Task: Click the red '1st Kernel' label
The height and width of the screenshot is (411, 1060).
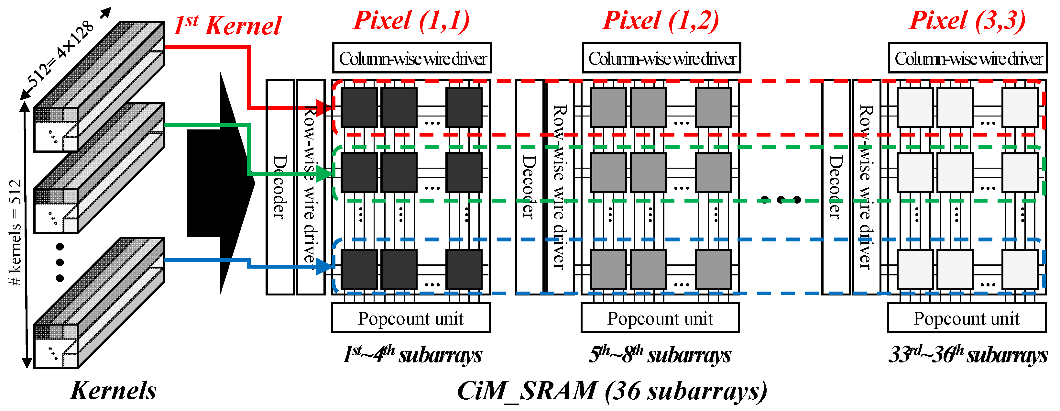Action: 227,26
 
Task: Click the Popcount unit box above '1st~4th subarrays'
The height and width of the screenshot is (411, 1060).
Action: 411,318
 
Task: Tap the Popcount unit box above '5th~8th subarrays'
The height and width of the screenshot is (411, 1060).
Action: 660,318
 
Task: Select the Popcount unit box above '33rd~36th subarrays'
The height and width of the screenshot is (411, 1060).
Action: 967,318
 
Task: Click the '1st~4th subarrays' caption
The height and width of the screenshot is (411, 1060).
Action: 412,354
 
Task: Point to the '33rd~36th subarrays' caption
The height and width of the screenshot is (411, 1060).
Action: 968,354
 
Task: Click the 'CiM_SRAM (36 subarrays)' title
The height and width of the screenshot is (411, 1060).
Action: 612,390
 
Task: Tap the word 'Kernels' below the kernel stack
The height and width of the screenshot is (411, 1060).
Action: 113,390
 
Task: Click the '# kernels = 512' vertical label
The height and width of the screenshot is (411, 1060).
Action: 15,233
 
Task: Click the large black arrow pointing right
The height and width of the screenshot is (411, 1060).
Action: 222,183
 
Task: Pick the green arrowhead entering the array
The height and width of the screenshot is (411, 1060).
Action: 326,173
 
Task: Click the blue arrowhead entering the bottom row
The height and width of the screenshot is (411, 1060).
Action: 326,266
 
